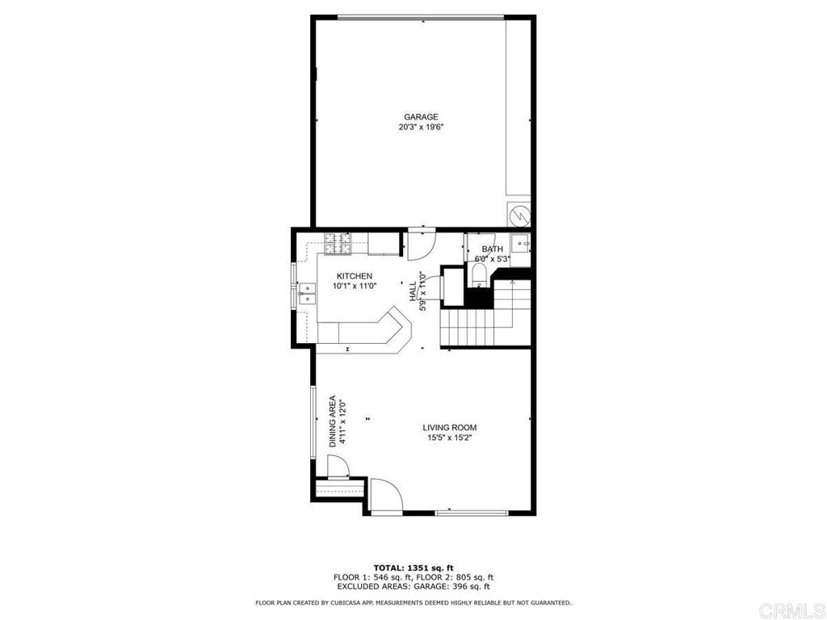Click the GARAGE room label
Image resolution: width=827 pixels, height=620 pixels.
pyautogui.click(x=421, y=117)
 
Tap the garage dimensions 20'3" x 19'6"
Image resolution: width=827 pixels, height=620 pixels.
pyautogui.click(x=421, y=127)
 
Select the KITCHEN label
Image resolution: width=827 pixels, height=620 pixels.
pyautogui.click(x=355, y=276)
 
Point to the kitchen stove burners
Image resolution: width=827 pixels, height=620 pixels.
pyautogui.click(x=338, y=244)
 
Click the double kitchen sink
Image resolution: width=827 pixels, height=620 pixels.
pyautogui.click(x=307, y=294)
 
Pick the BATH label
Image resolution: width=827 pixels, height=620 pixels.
pyautogui.click(x=492, y=249)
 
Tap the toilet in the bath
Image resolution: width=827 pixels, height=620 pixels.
pyautogui.click(x=479, y=276)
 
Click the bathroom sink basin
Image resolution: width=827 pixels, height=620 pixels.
pyautogui.click(x=522, y=243)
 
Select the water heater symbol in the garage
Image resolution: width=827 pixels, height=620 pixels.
pyautogui.click(x=519, y=214)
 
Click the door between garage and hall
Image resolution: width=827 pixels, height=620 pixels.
pyautogui.click(x=422, y=244)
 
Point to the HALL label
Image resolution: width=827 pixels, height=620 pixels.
pyautogui.click(x=413, y=291)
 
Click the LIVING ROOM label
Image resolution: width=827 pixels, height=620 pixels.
pyautogui.click(x=449, y=428)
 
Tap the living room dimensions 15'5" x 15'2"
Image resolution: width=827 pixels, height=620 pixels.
pyautogui.click(x=449, y=438)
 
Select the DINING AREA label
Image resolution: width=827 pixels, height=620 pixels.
pyautogui.click(x=333, y=421)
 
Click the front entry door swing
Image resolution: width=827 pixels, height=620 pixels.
pyautogui.click(x=387, y=495)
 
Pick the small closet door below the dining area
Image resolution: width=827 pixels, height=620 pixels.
pyautogui.click(x=338, y=467)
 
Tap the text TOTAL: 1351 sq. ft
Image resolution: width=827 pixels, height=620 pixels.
pyautogui.click(x=413, y=568)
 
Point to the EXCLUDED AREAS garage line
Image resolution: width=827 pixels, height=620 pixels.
pyautogui.click(x=413, y=586)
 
